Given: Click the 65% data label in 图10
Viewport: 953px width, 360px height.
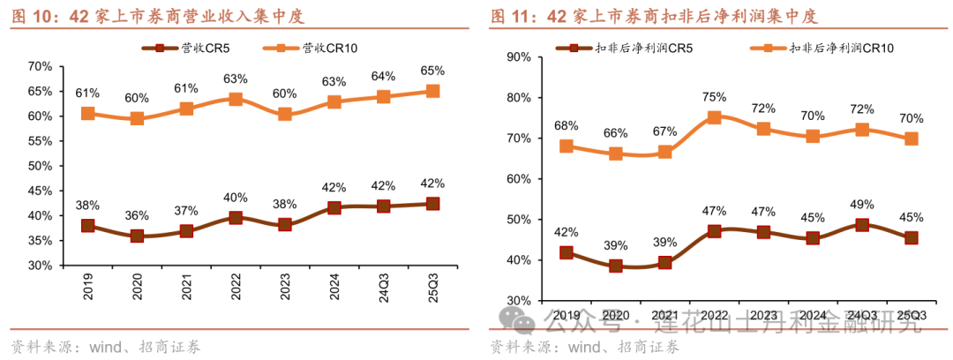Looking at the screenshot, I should click(432, 71).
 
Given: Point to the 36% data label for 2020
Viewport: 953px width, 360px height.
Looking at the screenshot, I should click(137, 215).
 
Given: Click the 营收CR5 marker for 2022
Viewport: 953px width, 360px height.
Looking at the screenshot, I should click(236, 217).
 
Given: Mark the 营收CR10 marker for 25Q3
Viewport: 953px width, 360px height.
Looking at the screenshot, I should click(432, 91).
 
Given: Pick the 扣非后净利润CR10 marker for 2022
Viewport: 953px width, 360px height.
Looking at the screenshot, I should click(714, 117).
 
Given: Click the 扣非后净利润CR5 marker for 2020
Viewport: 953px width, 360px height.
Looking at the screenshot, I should click(615, 266).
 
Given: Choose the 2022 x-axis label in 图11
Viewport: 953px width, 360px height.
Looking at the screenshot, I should click(713, 315).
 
